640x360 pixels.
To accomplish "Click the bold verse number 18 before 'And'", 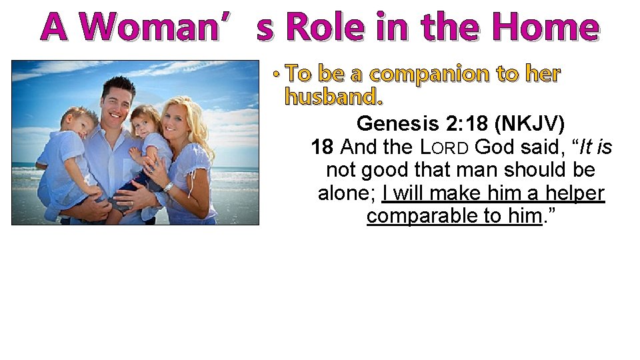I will pyautogui.click(x=323, y=147).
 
